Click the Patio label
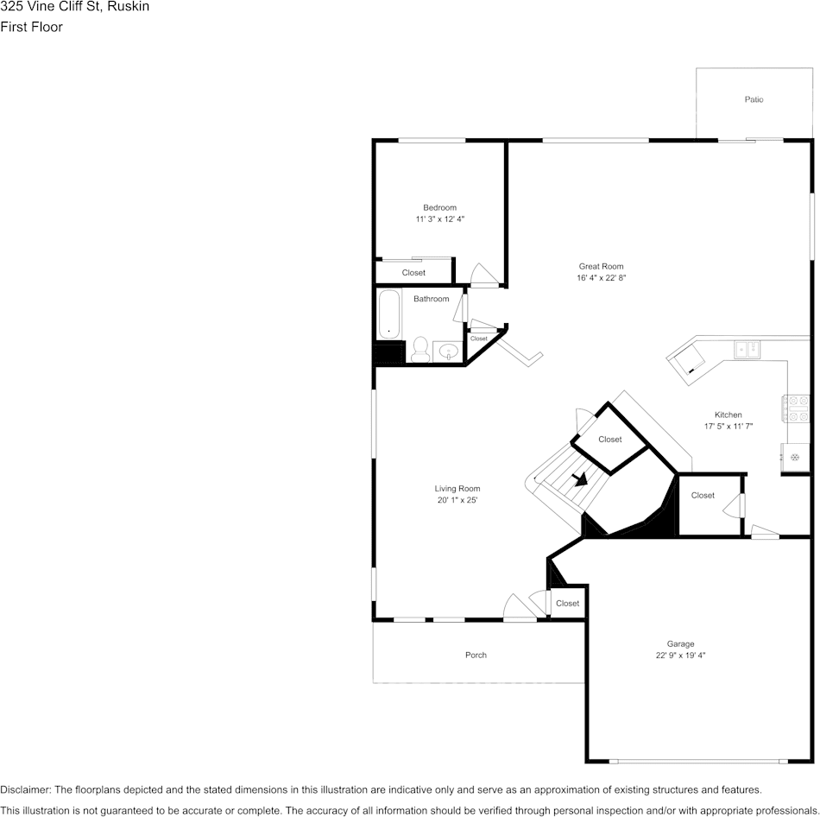click(x=754, y=100)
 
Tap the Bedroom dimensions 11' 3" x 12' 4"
click(x=439, y=220)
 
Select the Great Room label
click(x=601, y=267)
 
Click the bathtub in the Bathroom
click(x=389, y=314)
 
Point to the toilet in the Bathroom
click(x=420, y=349)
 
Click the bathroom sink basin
click(x=448, y=351)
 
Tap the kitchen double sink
click(x=746, y=349)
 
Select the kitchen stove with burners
click(x=794, y=408)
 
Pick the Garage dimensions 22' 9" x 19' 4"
click(x=680, y=655)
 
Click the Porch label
click(x=476, y=655)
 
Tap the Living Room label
click(x=457, y=489)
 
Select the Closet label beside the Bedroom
click(x=413, y=273)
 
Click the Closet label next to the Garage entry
click(x=567, y=603)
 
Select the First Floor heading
click(x=31, y=27)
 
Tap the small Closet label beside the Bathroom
click(x=478, y=339)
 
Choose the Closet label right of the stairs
click(x=703, y=496)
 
